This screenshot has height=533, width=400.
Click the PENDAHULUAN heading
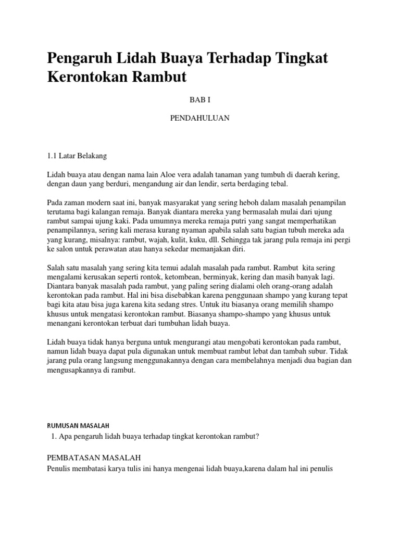(200, 118)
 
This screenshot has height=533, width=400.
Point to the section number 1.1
(52, 155)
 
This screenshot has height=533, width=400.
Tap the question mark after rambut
(257, 436)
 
